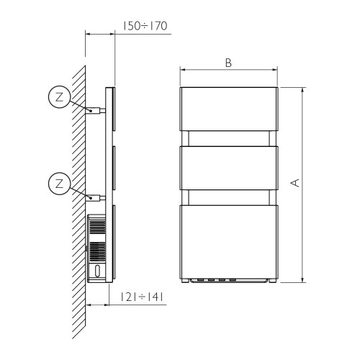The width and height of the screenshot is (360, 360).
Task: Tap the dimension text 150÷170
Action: (144, 26)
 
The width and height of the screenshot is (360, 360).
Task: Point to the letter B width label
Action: (228, 63)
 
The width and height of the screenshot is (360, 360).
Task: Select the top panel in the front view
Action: (228, 109)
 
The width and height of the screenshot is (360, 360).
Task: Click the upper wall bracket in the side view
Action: (94, 110)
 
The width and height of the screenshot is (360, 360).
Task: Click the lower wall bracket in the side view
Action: (94, 197)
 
